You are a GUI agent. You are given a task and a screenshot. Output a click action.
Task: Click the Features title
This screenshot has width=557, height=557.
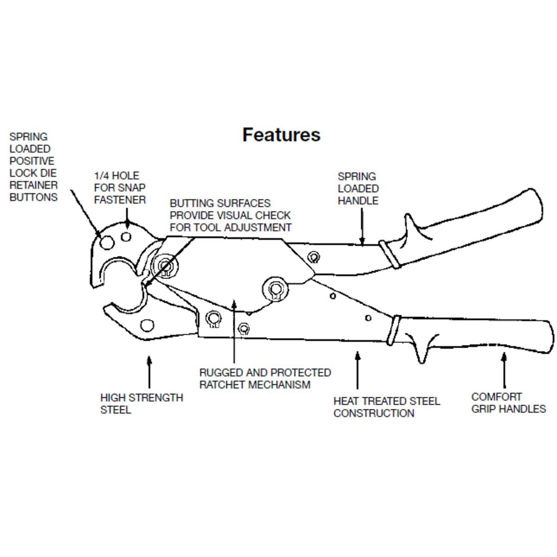tap(281, 135)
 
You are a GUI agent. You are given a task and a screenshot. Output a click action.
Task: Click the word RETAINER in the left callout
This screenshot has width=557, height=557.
tap(33, 185)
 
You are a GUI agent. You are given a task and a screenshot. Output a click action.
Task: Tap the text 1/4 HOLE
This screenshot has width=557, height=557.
tap(117, 175)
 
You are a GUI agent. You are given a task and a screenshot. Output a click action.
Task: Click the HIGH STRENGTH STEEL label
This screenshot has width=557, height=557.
tap(141, 403)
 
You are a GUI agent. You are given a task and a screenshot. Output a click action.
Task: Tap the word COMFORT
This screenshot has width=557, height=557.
tap(496, 397)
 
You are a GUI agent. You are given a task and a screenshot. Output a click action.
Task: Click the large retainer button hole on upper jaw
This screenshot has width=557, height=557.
tap(107, 241)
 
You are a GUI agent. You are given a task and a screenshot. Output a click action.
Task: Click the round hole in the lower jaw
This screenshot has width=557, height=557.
tap(148, 325)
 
